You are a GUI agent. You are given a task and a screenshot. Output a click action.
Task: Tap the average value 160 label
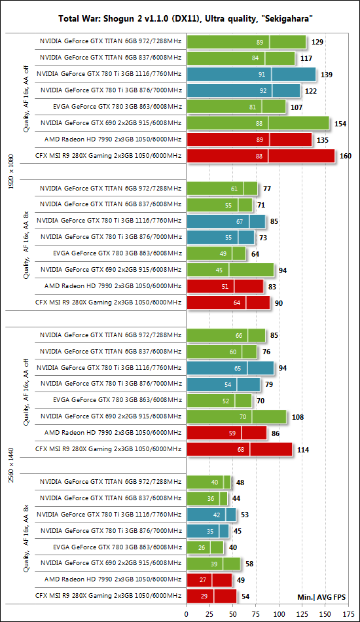click(346, 156)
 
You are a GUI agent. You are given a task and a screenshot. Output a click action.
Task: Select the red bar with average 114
click(240, 449)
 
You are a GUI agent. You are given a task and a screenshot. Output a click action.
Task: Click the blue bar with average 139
click(251, 74)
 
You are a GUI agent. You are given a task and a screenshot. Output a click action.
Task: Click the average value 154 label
click(340, 124)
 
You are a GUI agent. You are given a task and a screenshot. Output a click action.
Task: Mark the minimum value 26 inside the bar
click(202, 548)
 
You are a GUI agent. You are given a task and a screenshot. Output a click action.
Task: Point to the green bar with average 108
click(237, 417)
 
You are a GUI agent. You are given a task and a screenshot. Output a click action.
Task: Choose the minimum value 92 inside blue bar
click(263, 91)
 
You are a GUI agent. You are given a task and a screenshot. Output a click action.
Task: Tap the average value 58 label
click(249, 564)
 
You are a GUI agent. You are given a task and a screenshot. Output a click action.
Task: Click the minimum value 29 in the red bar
click(204, 596)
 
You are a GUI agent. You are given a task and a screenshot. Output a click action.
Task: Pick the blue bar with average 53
click(211, 515)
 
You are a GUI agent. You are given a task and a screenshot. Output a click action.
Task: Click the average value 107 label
click(296, 107)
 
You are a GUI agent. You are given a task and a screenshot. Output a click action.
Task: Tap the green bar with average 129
click(246, 42)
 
